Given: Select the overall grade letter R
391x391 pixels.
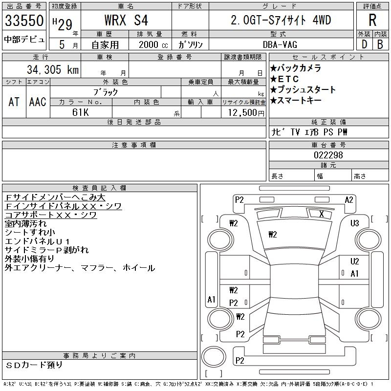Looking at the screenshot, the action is (372, 20).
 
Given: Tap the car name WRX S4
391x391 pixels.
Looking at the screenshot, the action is (126, 21).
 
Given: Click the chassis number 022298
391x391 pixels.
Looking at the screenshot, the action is (328, 155).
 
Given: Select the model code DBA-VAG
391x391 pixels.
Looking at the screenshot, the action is (281, 44).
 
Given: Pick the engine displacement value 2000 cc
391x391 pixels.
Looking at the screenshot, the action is (150, 44).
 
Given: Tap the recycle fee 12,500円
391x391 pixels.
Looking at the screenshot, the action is (243, 112).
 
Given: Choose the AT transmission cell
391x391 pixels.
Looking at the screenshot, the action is (14, 102).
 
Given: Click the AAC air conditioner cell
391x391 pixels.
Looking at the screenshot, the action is (37, 102).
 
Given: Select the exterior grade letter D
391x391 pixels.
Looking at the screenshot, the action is (364, 43).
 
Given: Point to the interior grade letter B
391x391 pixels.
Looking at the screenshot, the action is (380, 43).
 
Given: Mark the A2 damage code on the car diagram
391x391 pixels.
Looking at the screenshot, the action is (349, 199).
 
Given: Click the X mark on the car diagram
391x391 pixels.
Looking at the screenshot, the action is (321, 214).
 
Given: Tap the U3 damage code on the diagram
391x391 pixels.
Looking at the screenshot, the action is (355, 223).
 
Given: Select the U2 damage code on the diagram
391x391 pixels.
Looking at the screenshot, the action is (355, 261).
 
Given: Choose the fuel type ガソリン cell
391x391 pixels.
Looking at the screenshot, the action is (191, 44).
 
